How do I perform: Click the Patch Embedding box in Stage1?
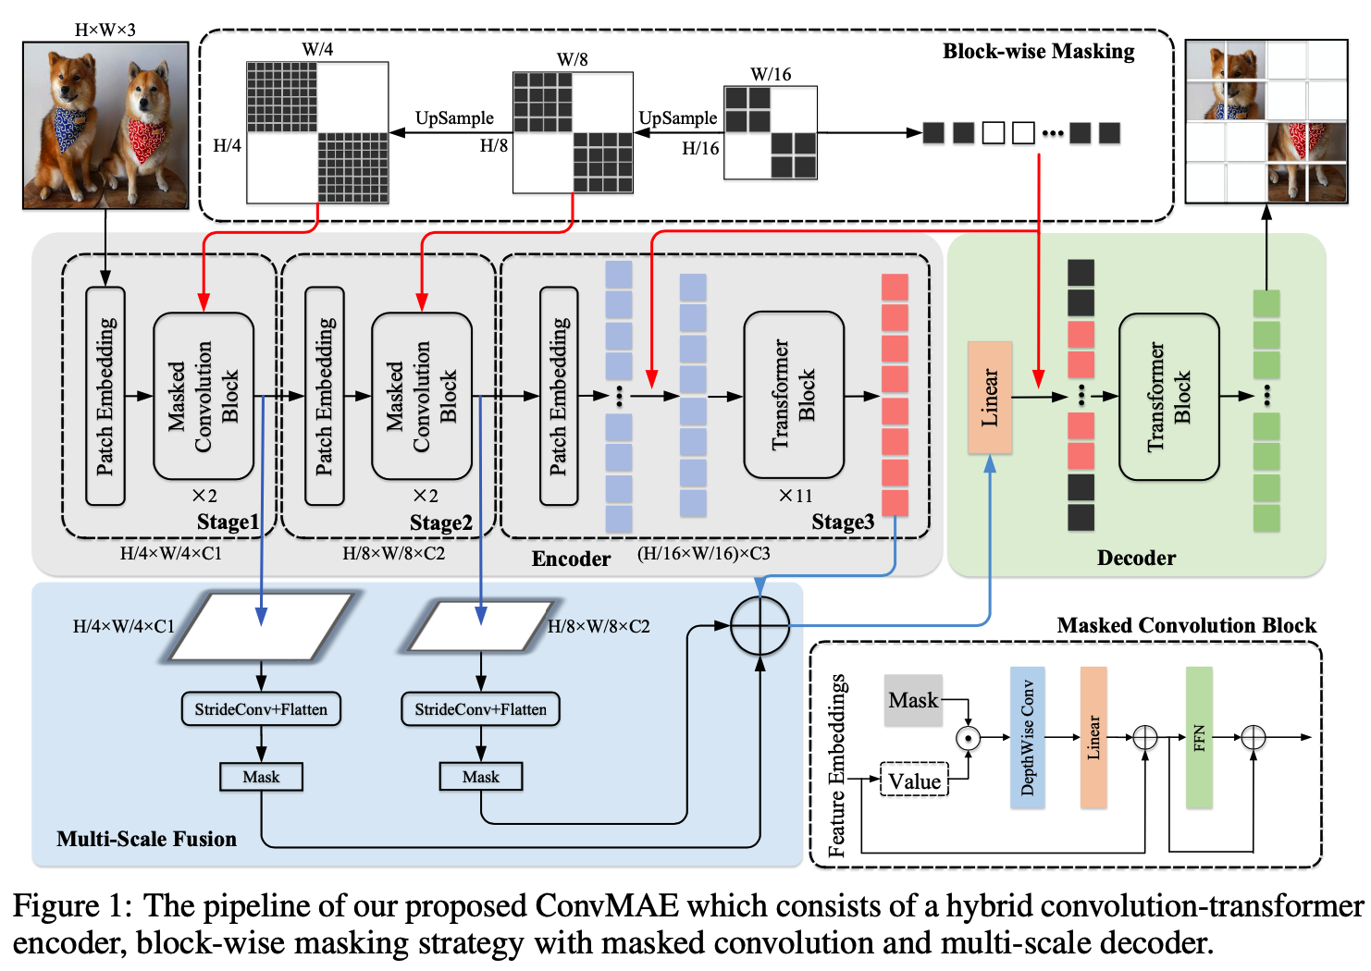(x=105, y=396)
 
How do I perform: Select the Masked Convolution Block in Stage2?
(x=422, y=396)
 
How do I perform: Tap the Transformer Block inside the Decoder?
(x=1168, y=397)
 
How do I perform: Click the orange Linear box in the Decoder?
(x=990, y=397)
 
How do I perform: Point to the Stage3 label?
(x=843, y=522)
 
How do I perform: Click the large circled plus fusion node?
(x=760, y=626)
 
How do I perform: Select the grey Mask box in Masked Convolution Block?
(x=913, y=700)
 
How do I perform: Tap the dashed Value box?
(x=914, y=781)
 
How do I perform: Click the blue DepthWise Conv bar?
(x=1027, y=737)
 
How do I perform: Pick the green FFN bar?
(x=1199, y=737)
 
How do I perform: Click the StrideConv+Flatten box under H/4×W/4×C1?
(x=261, y=709)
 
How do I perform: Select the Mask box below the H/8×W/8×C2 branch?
(x=480, y=777)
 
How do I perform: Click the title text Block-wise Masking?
(x=1038, y=52)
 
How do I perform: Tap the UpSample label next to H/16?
(x=678, y=118)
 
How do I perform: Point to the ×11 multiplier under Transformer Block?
(x=795, y=496)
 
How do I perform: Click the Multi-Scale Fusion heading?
(x=146, y=839)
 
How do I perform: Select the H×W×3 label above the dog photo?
(x=105, y=30)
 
